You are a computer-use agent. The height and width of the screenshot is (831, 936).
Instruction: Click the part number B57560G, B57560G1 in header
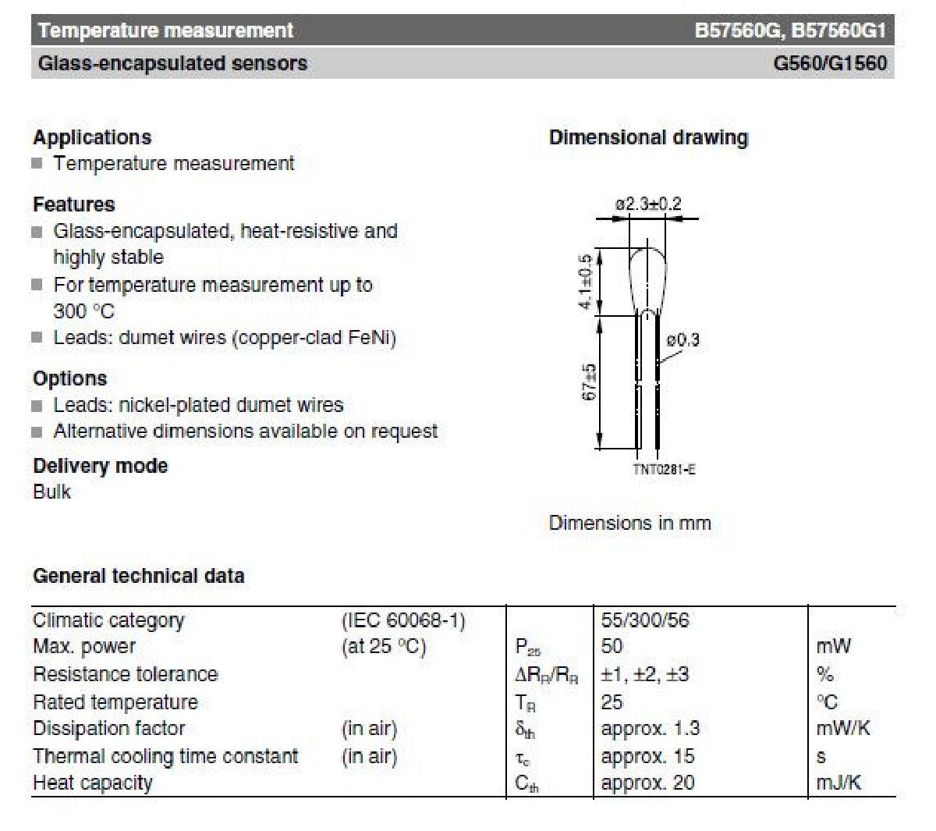790,31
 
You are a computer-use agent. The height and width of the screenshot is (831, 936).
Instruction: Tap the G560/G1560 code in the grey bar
829,63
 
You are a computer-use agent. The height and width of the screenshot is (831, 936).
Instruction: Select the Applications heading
92,137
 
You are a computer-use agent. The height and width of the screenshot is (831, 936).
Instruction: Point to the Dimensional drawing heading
648,138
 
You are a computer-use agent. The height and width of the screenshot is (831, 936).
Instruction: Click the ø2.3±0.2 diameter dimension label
647,204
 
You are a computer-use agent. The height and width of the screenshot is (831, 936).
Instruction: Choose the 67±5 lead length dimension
590,382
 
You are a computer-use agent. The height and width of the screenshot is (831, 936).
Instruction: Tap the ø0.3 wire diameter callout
682,340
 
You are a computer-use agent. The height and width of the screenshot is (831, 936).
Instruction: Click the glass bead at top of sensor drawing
647,273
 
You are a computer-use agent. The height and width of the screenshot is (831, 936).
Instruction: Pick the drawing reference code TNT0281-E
664,470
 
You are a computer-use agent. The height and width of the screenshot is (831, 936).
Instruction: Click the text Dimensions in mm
629,523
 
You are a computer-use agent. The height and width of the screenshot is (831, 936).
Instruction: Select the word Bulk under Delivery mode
51,492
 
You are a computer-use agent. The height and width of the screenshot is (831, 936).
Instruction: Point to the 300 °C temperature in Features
83,311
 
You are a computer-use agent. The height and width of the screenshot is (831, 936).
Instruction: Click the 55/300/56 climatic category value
645,620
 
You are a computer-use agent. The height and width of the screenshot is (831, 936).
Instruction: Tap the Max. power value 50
612,647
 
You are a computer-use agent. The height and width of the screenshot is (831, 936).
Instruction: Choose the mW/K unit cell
842,729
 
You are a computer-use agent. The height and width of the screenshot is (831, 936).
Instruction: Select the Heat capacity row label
93,783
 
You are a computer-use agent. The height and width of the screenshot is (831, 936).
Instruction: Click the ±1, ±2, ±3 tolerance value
645,674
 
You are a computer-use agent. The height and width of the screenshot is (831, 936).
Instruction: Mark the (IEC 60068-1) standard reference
403,620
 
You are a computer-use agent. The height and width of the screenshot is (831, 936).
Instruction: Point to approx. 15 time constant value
647,756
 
